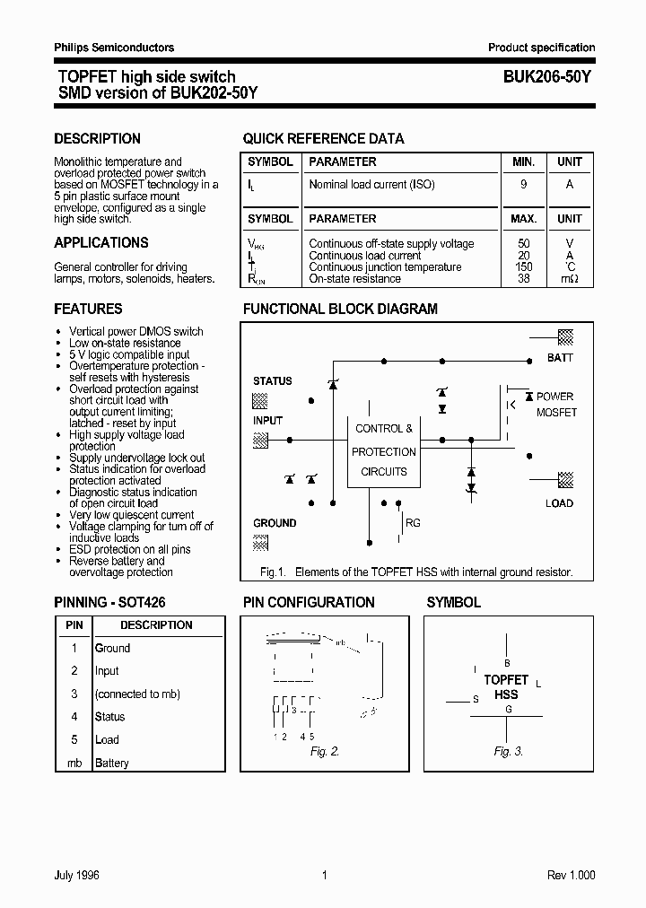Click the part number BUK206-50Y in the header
tap(541, 77)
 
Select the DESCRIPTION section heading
tap(97, 138)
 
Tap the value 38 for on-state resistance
tap(524, 279)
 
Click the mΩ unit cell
tap(570, 279)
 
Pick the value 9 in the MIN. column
tap(524, 185)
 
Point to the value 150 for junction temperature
tap(524, 267)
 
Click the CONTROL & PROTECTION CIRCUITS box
tap(383, 450)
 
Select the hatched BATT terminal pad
tap(566, 337)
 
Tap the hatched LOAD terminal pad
tap(566, 479)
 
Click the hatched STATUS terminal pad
tap(260, 400)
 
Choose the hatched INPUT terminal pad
tap(260, 440)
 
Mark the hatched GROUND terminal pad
tap(260, 542)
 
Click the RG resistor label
tap(413, 523)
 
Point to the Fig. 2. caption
tap(325, 751)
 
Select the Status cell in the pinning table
tap(110, 717)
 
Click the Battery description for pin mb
tap(112, 763)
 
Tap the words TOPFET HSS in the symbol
tap(507, 687)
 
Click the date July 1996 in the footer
tap(76, 876)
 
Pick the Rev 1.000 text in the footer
tap(571, 876)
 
